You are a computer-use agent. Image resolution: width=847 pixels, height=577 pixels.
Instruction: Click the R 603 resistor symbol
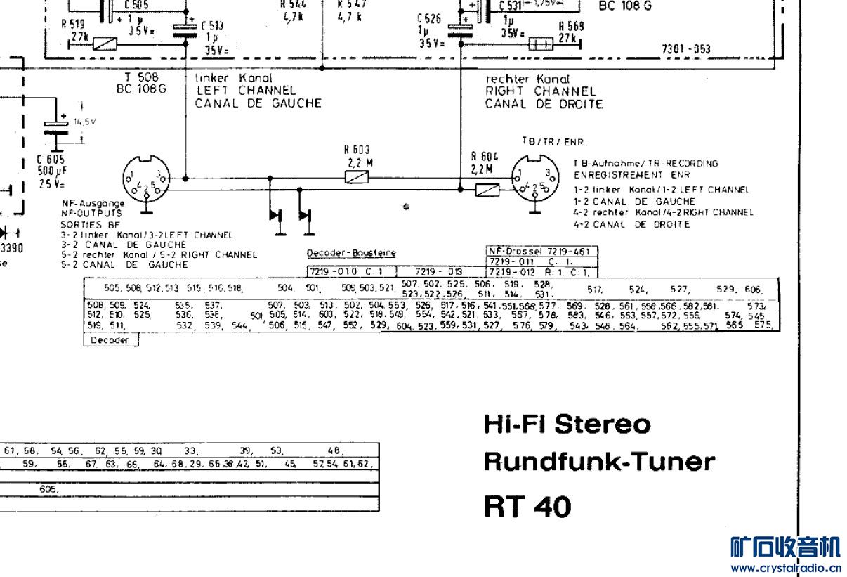pos(353,178)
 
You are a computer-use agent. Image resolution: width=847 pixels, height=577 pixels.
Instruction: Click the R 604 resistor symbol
pos(487,190)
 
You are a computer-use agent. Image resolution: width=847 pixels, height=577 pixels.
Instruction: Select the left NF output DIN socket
pos(145,179)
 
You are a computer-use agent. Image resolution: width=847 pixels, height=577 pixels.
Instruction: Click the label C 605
pos(51,160)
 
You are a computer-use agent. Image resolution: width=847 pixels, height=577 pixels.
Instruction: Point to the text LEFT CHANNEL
pos(245,91)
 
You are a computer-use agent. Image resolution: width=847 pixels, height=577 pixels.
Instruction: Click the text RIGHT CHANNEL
pos(540,91)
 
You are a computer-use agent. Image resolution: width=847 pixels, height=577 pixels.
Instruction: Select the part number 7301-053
pos(685,49)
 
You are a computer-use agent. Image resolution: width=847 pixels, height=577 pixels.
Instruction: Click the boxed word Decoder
pos(111,340)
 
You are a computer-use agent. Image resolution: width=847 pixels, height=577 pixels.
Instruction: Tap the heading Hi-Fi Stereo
pos(567,424)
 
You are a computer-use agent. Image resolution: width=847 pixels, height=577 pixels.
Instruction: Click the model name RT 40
pos(527,506)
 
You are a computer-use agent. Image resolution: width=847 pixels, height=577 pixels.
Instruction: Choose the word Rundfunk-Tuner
pos(599,462)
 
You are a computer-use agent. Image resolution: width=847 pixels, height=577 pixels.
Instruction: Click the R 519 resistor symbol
pos(105,44)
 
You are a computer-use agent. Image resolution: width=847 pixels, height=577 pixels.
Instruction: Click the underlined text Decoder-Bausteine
pos(351,253)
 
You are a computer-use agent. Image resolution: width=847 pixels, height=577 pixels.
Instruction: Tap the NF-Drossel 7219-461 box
pos(541,251)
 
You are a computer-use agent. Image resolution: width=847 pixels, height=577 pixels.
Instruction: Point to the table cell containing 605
pos(48,489)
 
